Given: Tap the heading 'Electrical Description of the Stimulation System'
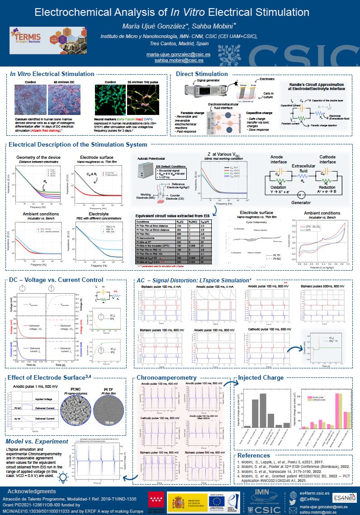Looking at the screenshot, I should point(78,144).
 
